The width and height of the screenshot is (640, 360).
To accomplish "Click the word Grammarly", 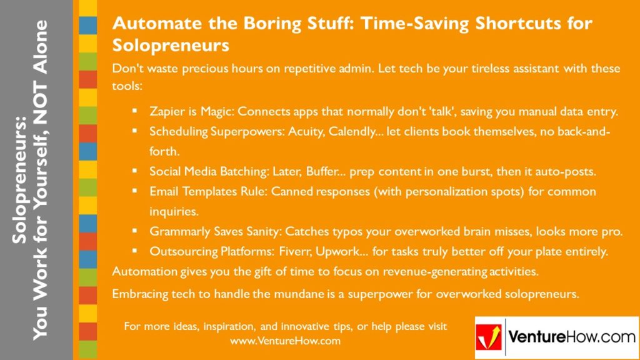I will click(x=179, y=231).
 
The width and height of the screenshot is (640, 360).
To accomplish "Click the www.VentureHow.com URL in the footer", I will click(x=285, y=341).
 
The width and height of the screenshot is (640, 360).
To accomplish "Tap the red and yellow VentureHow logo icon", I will click(x=489, y=338).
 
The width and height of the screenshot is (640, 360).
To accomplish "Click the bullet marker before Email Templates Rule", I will click(x=135, y=191).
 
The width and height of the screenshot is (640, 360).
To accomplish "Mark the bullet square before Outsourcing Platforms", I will click(x=135, y=251).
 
